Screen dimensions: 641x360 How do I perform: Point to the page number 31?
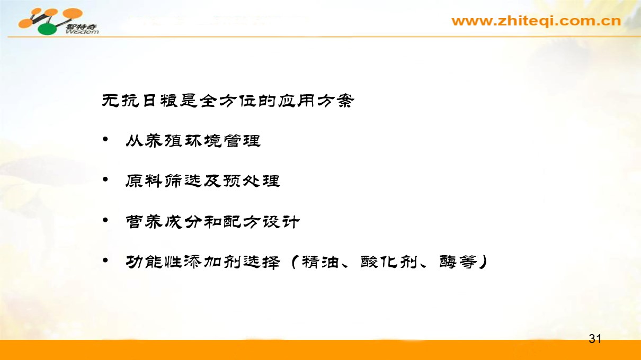(595, 339)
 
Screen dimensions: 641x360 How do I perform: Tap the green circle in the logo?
(48, 30)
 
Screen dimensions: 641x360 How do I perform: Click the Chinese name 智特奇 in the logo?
(82, 27)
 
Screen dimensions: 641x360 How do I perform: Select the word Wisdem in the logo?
(82, 31)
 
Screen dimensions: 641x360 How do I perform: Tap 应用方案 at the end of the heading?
(316, 101)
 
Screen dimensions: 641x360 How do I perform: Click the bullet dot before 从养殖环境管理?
(105, 140)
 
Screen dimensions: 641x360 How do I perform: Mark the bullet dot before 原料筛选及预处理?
(105, 179)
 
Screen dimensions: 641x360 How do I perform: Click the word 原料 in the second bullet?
(144, 181)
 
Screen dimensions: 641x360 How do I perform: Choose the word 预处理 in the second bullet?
(252, 181)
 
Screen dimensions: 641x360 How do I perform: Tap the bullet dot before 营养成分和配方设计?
(105, 220)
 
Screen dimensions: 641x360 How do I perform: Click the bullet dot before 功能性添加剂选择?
(105, 260)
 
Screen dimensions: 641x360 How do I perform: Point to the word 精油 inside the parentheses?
(321, 262)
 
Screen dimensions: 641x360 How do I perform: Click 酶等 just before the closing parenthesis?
(458, 262)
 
